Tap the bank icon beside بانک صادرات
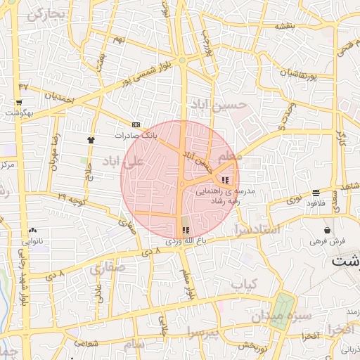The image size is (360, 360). pyautogui.click(x=136, y=124)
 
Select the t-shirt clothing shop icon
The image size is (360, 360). pyautogui.click(x=91, y=139)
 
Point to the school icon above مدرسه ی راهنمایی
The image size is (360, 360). pyautogui.click(x=224, y=181)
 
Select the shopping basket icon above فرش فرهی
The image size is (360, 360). pyautogui.click(x=327, y=231)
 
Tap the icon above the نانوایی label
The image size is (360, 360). pyautogui.click(x=33, y=230)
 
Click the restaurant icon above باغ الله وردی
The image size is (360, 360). pyautogui.click(x=185, y=230)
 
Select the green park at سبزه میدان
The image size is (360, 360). pyautogui.click(x=283, y=307)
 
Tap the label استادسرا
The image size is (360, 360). pyautogui.click(x=257, y=230)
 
